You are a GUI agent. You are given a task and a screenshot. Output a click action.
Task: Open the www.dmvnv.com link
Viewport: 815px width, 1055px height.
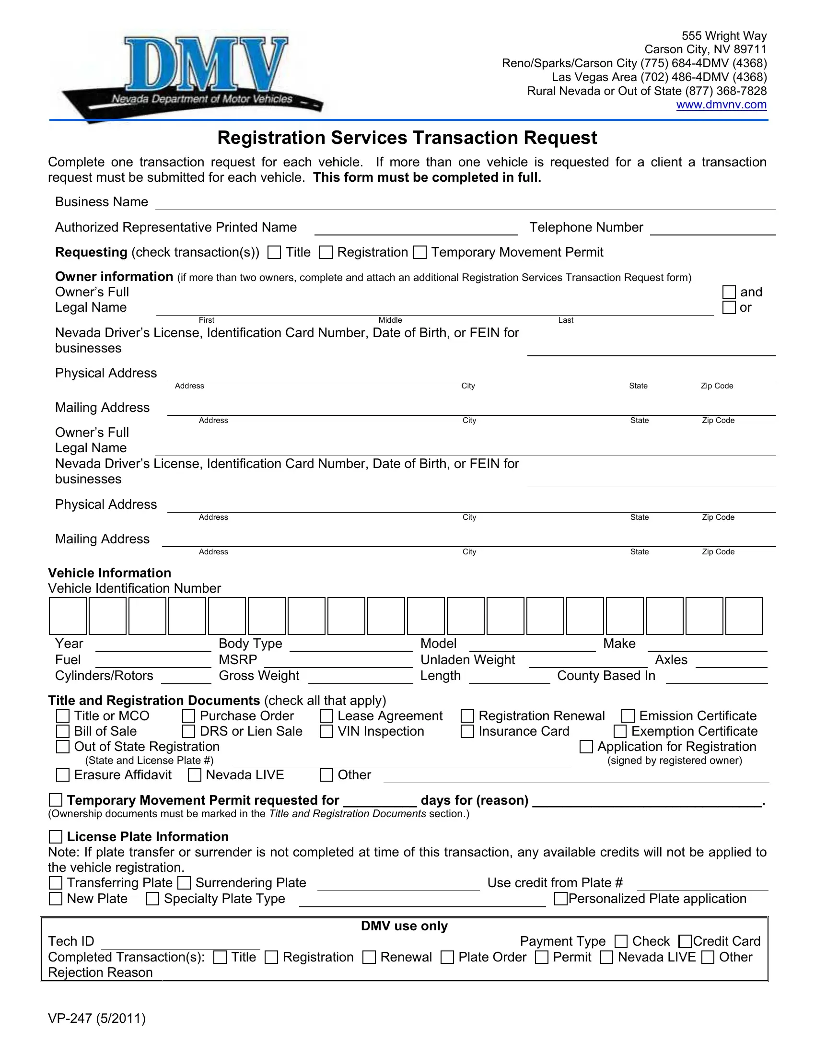[721, 105]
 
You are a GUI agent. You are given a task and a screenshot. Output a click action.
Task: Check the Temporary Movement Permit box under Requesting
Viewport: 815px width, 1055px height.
[420, 252]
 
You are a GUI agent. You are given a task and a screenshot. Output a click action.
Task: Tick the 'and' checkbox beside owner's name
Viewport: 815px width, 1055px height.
[729, 292]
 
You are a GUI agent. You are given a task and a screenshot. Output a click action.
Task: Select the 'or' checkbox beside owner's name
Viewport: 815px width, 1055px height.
[729, 308]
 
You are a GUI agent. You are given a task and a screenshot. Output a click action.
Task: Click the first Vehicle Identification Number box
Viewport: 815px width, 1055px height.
[68, 616]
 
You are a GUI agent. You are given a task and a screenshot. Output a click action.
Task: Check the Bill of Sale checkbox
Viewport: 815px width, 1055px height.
[63, 731]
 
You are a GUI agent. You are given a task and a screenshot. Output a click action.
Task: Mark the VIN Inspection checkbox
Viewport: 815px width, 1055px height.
[326, 731]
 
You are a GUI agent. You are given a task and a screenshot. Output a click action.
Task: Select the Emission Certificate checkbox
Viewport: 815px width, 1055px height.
[628, 716]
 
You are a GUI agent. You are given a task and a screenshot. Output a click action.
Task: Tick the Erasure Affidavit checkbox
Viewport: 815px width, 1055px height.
[63, 775]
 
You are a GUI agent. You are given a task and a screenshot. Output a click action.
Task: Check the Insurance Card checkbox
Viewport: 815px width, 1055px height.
[467, 731]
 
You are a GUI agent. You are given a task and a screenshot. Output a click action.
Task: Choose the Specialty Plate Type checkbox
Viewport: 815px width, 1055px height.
[152, 899]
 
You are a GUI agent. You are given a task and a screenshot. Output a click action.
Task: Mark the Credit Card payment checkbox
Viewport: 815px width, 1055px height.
[685, 941]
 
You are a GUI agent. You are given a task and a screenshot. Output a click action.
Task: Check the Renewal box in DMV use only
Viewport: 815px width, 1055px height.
[369, 958]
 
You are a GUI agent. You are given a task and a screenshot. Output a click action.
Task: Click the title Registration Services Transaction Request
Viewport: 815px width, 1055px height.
[407, 138]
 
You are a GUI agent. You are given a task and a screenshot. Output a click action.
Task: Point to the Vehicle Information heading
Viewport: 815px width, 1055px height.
[110, 573]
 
